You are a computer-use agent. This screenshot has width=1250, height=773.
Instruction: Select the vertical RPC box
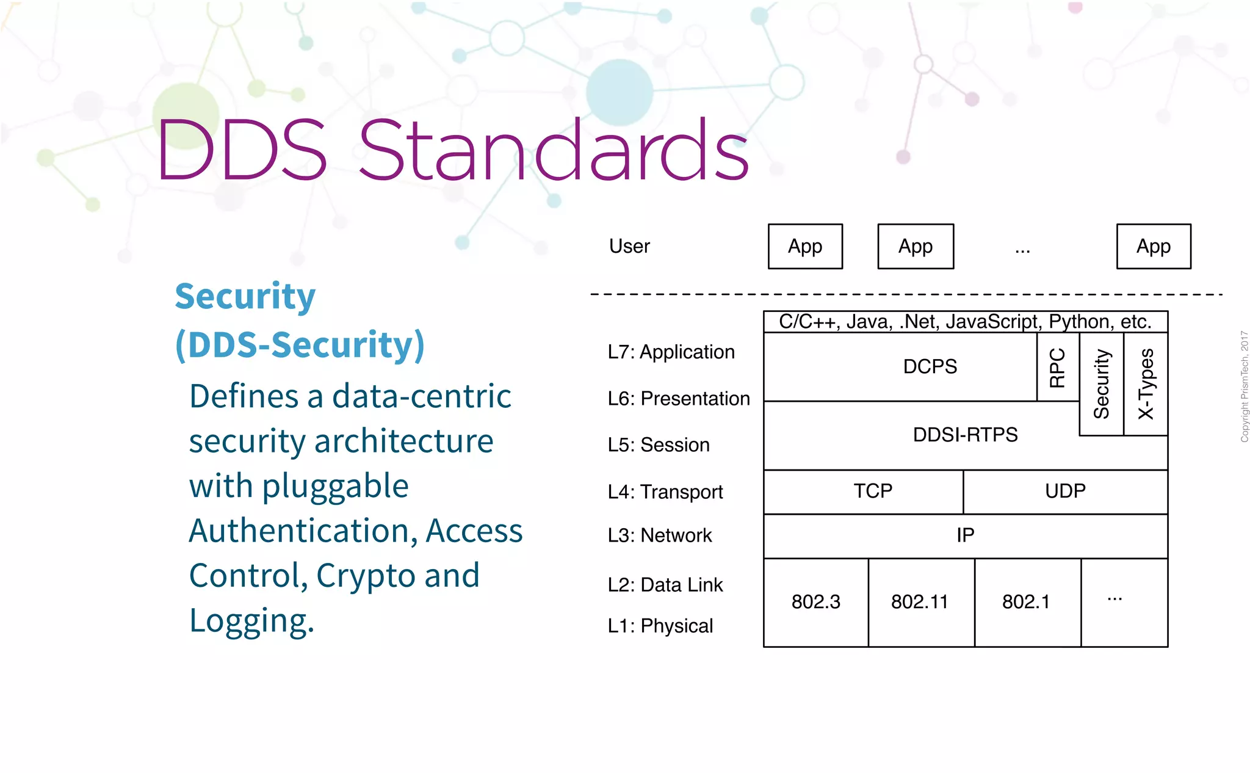pos(1057,367)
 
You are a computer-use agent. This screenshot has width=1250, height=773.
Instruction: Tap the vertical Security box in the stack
pos(1101,383)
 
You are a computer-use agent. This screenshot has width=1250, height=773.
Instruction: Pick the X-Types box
pos(1146,383)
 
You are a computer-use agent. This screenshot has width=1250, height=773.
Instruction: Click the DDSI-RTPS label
pos(965,435)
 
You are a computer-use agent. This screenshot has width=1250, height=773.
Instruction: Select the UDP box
pos(1065,492)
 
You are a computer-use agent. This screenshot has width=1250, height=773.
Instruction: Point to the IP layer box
pos(965,535)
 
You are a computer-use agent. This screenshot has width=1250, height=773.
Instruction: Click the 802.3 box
pos(816,602)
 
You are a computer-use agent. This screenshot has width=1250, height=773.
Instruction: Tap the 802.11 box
pos(920,602)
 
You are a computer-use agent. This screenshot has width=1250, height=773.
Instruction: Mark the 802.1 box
pos(1027,602)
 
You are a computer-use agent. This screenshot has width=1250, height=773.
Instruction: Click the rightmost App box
pos(1153,247)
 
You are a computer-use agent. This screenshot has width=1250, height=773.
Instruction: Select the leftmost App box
pos(805,247)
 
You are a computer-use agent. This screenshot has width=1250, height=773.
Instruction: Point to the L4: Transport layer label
pos(665,492)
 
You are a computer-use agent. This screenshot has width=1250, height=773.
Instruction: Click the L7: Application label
pos(671,352)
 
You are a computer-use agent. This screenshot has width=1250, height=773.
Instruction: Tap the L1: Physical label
pos(660,626)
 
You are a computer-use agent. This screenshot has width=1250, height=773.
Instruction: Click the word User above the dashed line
pos(629,246)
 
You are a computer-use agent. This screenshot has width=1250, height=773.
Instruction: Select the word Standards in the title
pos(553,151)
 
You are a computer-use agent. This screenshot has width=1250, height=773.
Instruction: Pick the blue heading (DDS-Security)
pos(300,345)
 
